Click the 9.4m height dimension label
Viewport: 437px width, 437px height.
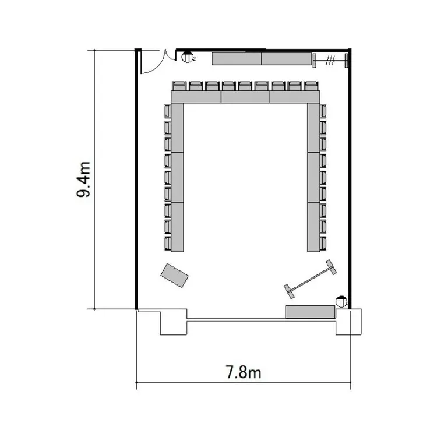(x=83, y=179)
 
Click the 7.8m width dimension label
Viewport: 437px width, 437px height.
(x=244, y=372)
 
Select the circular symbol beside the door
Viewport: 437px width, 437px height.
(x=186, y=57)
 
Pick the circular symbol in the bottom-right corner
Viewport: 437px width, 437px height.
(x=341, y=302)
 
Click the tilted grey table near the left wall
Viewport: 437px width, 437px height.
(x=174, y=276)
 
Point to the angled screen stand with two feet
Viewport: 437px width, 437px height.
(x=310, y=279)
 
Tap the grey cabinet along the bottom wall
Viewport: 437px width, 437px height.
(x=310, y=312)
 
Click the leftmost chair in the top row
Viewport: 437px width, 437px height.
(x=179, y=86)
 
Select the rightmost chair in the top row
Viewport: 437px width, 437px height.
(x=311, y=86)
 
